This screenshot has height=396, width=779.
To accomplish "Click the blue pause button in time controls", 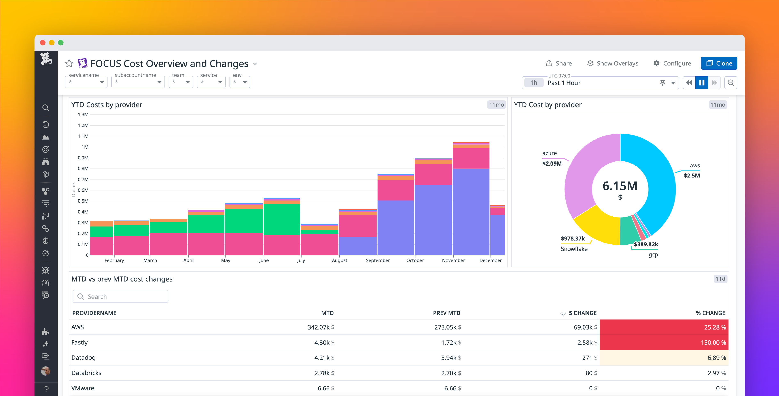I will [x=702, y=83].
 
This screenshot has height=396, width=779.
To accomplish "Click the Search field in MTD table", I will [x=120, y=296].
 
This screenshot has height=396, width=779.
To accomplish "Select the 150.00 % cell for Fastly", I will [x=664, y=342].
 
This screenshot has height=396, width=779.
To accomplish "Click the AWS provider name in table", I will [x=78, y=327].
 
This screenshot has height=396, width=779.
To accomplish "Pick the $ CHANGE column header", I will [x=582, y=313].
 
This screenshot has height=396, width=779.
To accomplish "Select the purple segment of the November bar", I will [x=471, y=212].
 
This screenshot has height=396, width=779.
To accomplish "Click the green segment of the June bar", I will [x=281, y=220].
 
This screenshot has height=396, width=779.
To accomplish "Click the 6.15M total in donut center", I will [x=620, y=186].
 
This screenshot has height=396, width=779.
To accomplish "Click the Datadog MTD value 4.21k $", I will [x=324, y=358].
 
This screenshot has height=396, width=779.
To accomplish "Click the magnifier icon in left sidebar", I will [x=46, y=108].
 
